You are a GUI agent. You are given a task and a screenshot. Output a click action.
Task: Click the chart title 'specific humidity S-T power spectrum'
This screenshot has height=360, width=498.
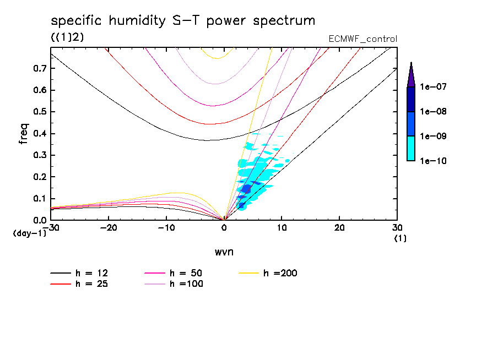[x=183, y=21]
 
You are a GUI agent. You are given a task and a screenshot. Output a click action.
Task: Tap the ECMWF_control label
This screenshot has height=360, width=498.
[x=362, y=39]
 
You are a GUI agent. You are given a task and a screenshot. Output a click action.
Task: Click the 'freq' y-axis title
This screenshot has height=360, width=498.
[x=24, y=134]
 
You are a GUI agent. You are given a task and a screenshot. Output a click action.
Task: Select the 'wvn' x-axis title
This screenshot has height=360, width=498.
[x=223, y=252]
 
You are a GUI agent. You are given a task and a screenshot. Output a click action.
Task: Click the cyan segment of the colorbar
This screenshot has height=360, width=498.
[x=410, y=149]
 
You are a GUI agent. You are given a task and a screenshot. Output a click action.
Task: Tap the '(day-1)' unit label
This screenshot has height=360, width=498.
[x=30, y=233]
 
